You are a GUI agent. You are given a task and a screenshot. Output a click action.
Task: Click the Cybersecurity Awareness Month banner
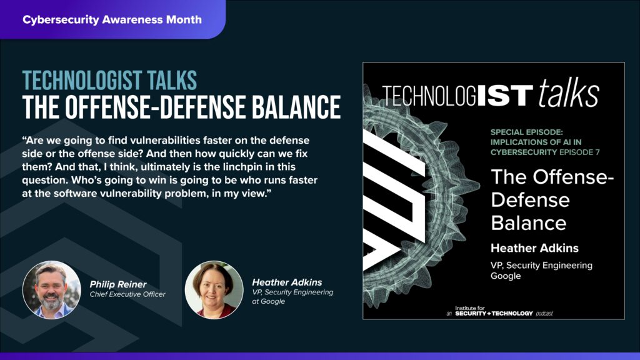coord(112,19)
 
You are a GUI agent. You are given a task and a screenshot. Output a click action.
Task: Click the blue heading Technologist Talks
coord(109,80)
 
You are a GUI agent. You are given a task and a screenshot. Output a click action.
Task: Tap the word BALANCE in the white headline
coord(297,107)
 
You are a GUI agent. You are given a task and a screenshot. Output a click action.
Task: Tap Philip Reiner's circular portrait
coord(51,289)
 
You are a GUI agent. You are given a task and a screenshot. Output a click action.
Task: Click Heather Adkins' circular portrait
coord(214,289)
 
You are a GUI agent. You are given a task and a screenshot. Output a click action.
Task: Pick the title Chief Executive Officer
coord(127,294)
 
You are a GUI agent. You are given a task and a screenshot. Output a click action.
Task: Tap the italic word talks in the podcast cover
coord(568,95)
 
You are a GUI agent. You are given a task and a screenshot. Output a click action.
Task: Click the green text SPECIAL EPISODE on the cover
coord(527,132)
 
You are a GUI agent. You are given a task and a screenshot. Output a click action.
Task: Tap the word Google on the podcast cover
coord(506,276)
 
